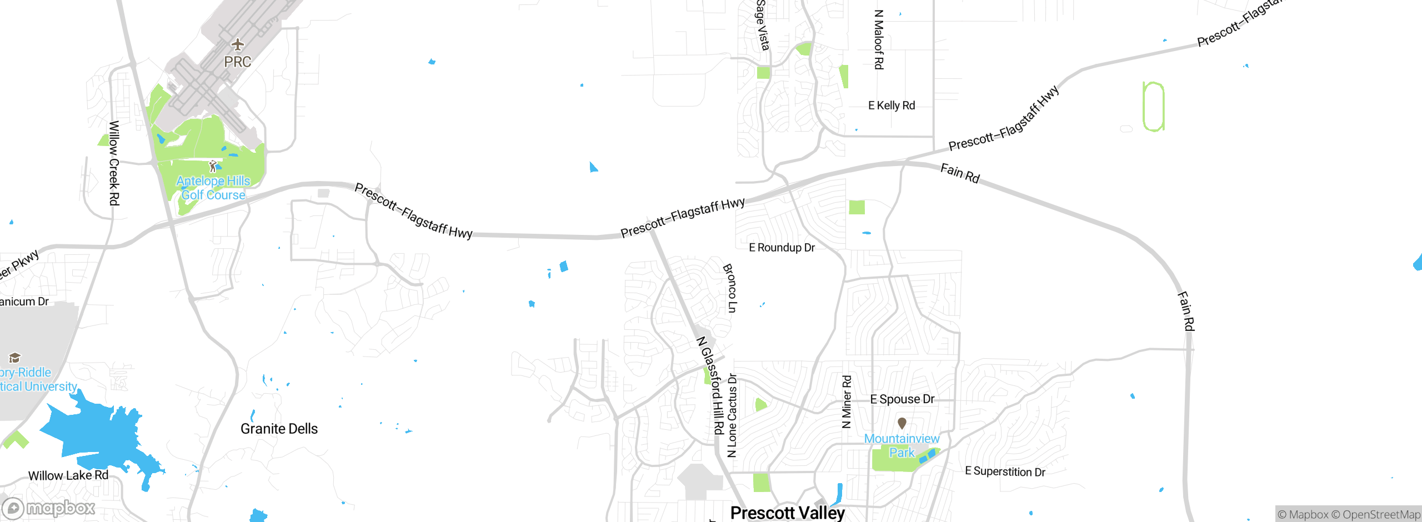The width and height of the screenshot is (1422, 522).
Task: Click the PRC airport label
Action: tap(238, 62)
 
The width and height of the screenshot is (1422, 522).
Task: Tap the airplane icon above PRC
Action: tap(238, 44)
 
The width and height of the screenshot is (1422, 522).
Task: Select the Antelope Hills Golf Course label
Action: tap(213, 188)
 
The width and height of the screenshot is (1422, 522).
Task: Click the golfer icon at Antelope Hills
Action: tap(213, 166)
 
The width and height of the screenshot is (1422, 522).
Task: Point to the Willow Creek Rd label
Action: tap(114, 163)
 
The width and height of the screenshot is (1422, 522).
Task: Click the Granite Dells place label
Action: tap(279, 429)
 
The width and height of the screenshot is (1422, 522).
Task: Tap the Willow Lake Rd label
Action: tap(68, 475)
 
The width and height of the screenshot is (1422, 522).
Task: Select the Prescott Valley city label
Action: tap(787, 513)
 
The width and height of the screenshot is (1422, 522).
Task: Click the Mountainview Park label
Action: tap(902, 446)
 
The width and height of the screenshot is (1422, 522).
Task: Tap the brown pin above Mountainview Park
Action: tap(902, 424)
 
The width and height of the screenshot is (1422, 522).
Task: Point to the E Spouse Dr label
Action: tap(902, 399)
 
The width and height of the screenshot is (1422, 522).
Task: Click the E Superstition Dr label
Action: tap(1005, 471)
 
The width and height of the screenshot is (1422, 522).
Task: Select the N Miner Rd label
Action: tap(847, 401)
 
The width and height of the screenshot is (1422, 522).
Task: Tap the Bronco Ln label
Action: tap(730, 288)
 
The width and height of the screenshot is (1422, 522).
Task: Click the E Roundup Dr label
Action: tap(782, 248)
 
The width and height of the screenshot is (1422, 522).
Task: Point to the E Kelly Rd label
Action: tap(892, 106)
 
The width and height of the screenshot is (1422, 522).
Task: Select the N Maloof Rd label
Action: tap(879, 39)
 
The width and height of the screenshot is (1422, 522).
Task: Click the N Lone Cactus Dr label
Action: tap(732, 415)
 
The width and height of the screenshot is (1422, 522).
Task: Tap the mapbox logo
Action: tap(49, 508)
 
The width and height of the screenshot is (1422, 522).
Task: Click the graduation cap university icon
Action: tap(15, 358)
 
